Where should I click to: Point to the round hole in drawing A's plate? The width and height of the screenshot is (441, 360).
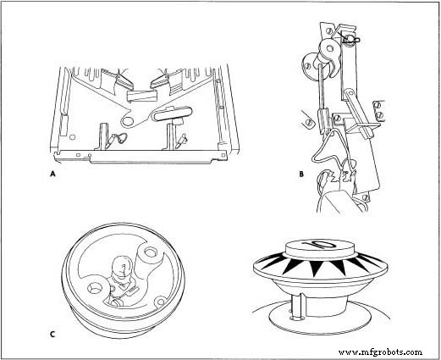coord(130,107)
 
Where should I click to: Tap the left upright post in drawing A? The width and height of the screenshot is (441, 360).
coord(99,133)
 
